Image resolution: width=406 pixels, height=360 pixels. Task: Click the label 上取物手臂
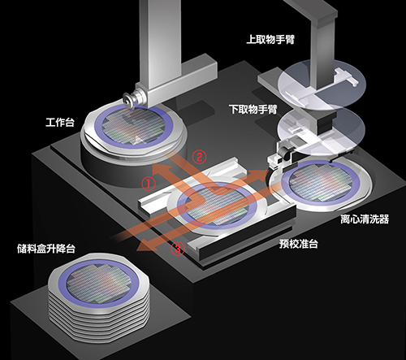click(x=270, y=40)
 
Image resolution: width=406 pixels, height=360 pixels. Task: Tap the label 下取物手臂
click(x=253, y=110)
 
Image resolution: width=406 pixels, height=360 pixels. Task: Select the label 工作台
click(x=60, y=122)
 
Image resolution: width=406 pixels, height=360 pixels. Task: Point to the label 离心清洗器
click(x=365, y=219)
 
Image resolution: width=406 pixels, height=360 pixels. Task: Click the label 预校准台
click(x=298, y=244)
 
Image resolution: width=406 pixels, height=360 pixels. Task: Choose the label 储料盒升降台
click(x=46, y=249)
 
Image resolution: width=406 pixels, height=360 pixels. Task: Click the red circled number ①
click(x=149, y=184)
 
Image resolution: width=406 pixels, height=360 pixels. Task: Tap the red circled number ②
click(x=199, y=157)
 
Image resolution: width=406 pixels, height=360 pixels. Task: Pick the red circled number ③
click(x=178, y=249)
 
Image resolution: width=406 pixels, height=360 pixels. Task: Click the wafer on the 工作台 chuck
click(x=134, y=127)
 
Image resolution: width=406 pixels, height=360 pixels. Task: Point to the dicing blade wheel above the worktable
click(x=128, y=100)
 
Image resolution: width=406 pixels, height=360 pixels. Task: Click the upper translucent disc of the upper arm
click(x=322, y=83)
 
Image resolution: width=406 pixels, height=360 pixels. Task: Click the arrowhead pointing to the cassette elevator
click(x=144, y=245)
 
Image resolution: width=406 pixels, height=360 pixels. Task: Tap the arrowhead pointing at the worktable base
click(x=161, y=169)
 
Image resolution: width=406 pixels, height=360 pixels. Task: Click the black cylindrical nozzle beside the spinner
click(x=283, y=154)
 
